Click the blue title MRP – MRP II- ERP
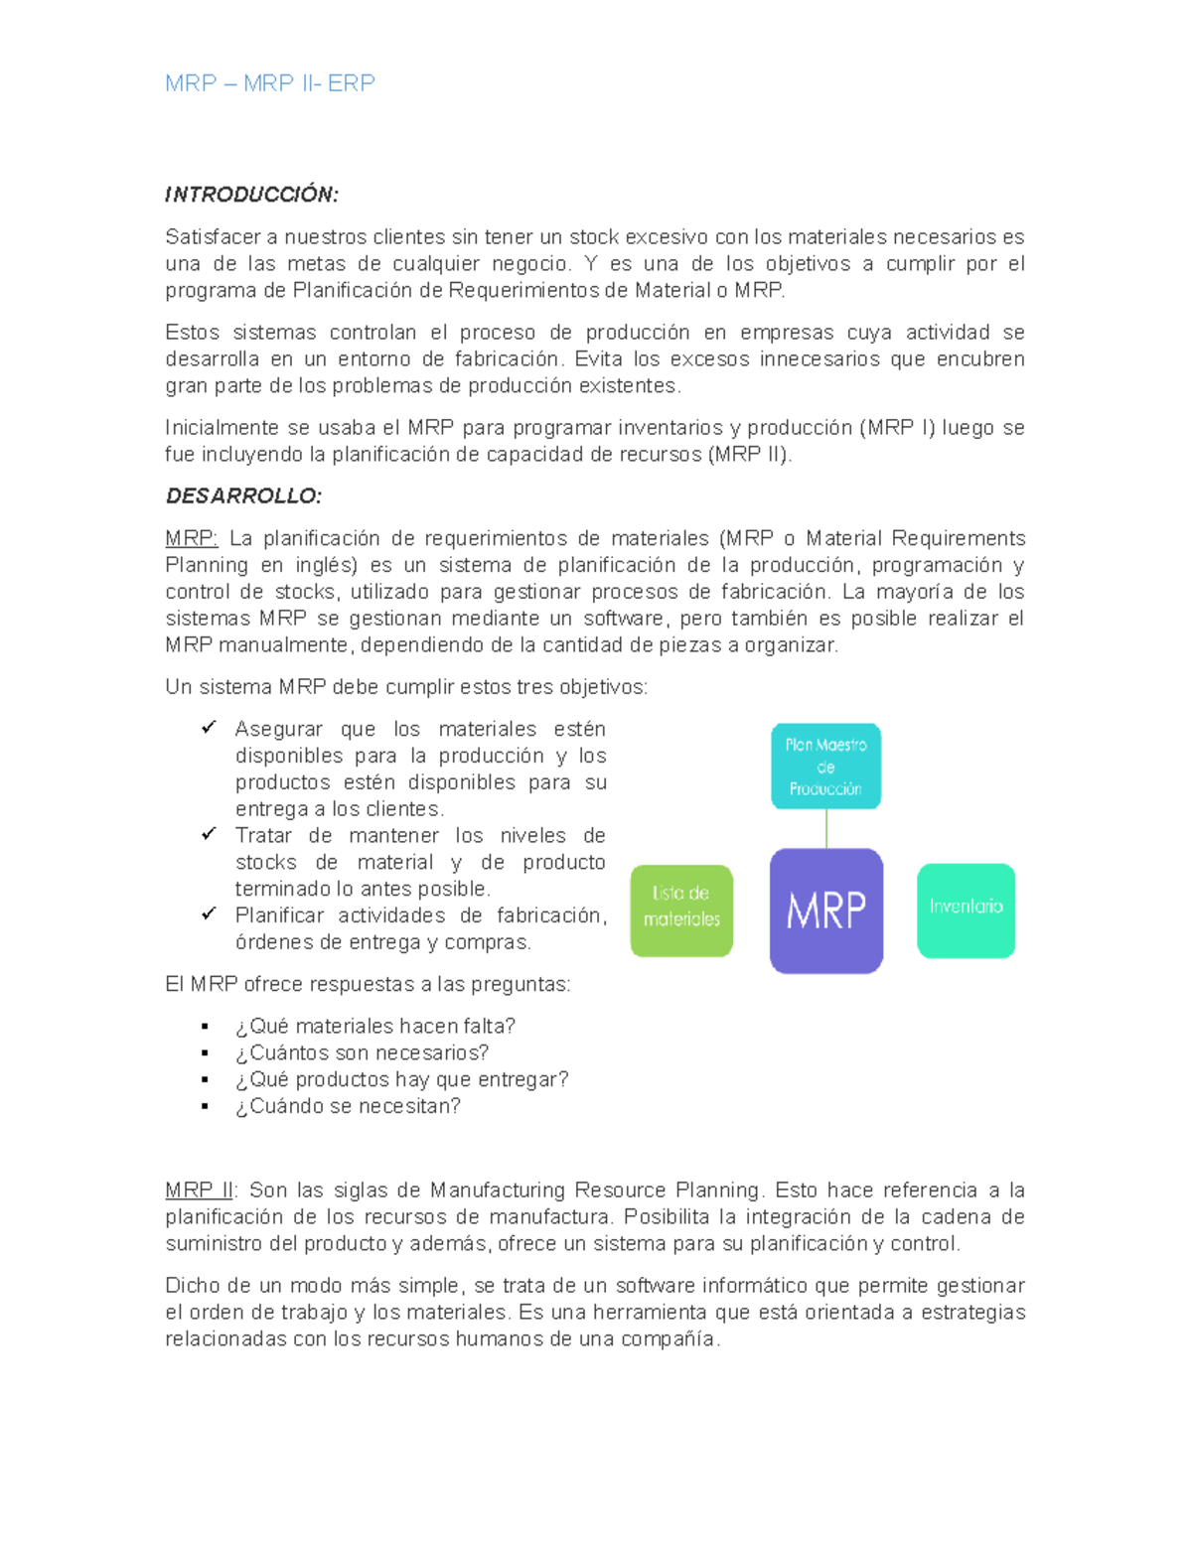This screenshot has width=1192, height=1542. pos(269,83)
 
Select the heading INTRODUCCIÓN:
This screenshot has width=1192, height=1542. pos(251,195)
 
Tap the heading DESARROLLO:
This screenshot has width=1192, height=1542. pos(243,495)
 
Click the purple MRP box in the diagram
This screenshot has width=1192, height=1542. pos(825,911)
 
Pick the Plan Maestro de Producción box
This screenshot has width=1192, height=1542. pos(825,766)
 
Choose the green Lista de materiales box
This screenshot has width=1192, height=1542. pos(681,911)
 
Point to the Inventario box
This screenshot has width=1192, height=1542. pos(966,911)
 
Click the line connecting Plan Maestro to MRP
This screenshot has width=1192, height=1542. pos(826,828)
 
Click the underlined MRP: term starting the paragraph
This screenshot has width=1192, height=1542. pos(191,539)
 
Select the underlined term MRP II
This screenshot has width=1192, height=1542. pos(199,1191)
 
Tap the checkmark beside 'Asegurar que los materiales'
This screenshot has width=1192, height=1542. pos(209,728)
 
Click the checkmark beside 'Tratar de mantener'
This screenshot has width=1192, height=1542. pos(209,834)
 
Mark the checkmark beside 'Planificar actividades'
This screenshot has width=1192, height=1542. pos(209,913)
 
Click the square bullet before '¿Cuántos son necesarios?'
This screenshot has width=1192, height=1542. pos(206,1053)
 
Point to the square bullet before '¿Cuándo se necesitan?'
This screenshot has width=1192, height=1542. pos(206,1107)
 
